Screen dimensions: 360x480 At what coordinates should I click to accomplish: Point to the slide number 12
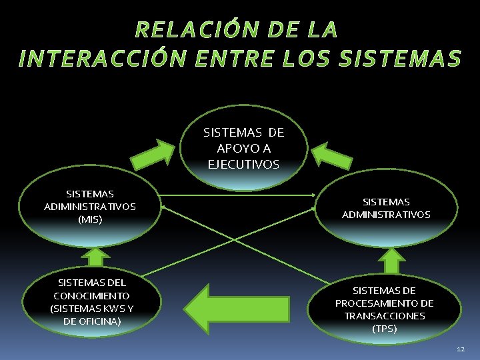461,349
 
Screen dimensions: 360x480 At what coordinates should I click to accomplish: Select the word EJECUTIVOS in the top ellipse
243,164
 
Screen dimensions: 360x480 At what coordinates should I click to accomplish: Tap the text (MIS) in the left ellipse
90,219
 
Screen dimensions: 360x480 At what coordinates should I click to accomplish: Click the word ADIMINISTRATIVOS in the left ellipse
90,206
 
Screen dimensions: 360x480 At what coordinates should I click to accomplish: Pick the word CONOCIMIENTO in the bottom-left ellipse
92,295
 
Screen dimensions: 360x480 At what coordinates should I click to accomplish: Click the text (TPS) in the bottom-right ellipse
385,329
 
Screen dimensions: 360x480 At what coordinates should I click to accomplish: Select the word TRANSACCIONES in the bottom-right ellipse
385,316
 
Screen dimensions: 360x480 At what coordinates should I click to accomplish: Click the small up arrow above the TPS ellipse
393,260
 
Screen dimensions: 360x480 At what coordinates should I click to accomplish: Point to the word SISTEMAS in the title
400,59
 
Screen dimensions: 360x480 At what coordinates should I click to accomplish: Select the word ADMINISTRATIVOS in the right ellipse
386,215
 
